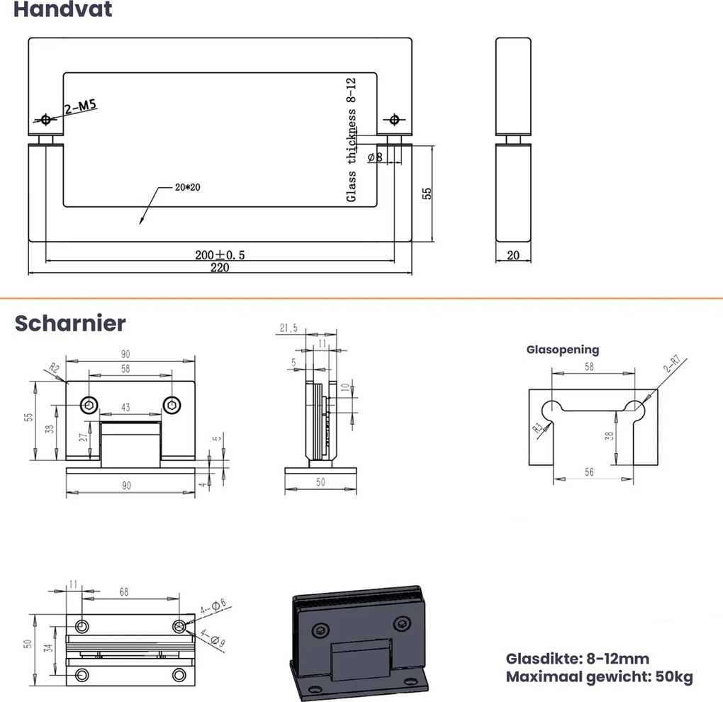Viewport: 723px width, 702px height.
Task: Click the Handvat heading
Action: [62, 11]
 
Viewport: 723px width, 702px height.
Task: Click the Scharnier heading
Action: [70, 323]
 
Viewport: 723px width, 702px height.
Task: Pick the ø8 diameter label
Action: [375, 157]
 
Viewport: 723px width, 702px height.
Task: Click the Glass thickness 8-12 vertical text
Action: [351, 143]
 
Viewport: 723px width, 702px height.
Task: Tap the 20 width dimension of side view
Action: [513, 255]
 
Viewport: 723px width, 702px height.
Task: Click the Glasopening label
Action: [562, 350]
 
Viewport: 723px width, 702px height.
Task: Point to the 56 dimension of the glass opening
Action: [589, 472]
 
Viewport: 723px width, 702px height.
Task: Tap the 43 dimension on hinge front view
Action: [125, 407]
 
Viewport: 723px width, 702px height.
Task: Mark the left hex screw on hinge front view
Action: [89, 405]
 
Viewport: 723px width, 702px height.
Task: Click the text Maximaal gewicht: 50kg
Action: [599, 676]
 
